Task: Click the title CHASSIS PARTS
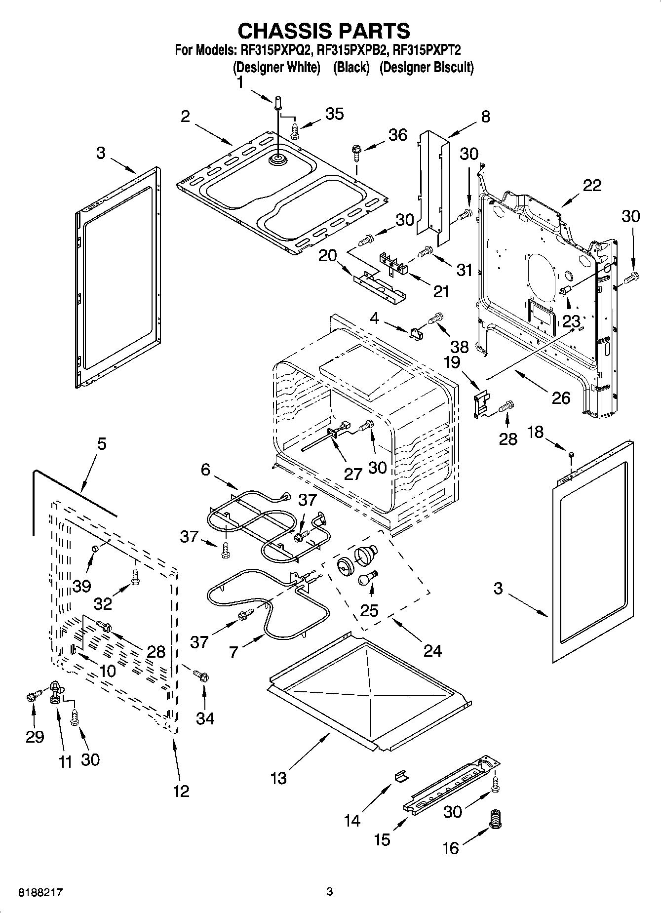click(x=323, y=31)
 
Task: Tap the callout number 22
click(x=592, y=186)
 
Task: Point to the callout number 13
click(x=278, y=778)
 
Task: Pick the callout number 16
click(x=450, y=848)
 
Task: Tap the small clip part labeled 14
click(x=401, y=777)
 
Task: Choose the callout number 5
click(x=101, y=443)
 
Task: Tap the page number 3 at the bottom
click(x=330, y=892)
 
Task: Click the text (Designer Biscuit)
click(x=426, y=67)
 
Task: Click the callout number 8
click(x=485, y=117)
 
